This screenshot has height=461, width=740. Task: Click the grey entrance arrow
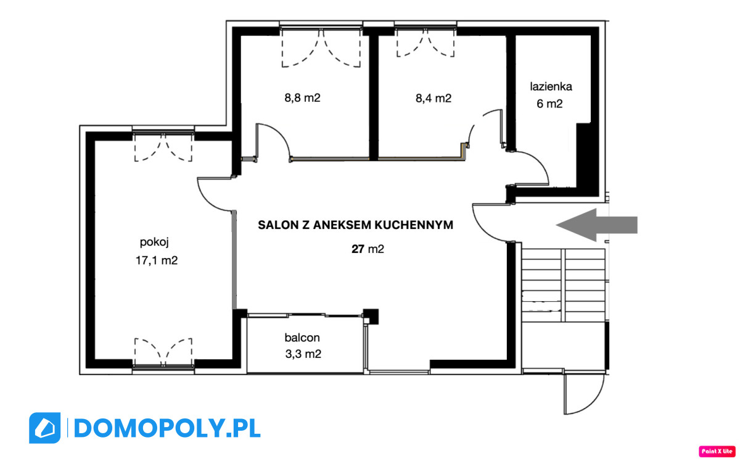597,225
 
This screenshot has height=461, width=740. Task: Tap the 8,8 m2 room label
302,98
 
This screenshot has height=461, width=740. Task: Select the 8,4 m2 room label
433,98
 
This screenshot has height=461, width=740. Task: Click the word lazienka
551,86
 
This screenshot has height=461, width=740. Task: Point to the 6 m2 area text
549,104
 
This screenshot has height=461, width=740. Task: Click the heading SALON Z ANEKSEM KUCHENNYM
355,225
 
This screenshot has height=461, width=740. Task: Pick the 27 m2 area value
368,249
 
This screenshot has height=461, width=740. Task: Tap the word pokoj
154,243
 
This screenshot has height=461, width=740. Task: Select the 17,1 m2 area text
157,260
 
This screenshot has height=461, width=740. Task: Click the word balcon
302,338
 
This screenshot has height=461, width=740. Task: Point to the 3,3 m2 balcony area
303,354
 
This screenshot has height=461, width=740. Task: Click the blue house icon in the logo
44,428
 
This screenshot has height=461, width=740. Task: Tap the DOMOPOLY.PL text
167,428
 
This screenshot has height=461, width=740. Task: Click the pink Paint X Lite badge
717,451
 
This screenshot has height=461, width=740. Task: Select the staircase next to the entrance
563,285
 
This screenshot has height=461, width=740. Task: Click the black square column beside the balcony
371,317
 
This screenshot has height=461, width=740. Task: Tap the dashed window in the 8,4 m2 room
425,43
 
